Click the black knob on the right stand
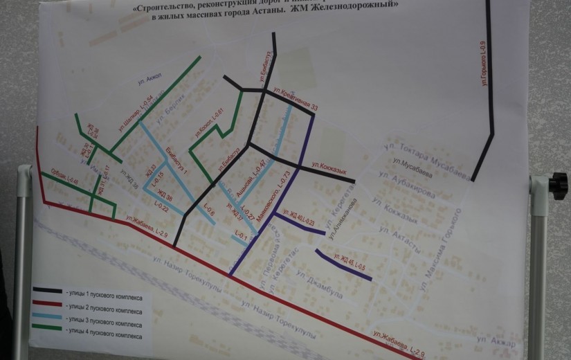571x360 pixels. click(557, 186)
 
